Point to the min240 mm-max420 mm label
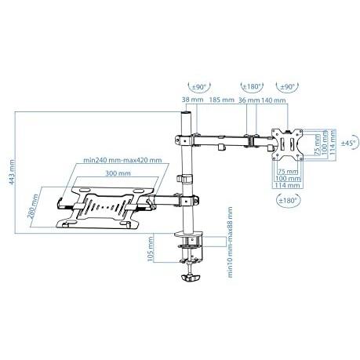[123, 160]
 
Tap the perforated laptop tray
[104, 209]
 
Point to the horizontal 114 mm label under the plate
[288, 185]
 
